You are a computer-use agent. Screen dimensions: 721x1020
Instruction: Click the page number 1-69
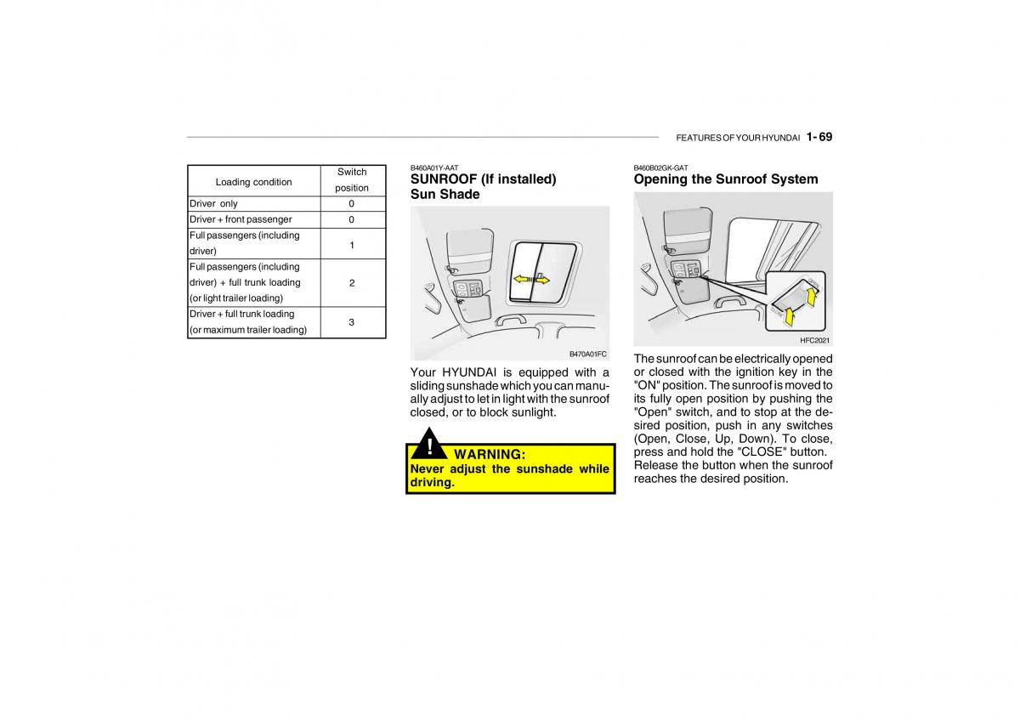[819, 137]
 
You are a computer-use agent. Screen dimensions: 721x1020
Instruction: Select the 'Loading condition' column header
[253, 182]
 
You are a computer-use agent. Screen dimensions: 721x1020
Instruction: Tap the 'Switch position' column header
[352, 179]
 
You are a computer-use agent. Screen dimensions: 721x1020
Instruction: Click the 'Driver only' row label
[213, 204]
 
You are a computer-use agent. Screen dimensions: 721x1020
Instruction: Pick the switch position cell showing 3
[352, 322]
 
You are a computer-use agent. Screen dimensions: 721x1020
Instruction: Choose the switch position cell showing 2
[352, 283]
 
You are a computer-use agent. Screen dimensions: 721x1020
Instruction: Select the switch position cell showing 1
[352, 244]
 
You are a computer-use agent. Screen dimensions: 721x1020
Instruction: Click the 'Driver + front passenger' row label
[241, 219]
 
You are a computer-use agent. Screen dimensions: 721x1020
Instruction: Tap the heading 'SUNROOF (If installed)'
[483, 179]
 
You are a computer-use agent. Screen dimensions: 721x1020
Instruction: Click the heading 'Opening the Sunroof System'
[726, 179]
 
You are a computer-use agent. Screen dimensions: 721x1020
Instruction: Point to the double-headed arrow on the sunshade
[531, 278]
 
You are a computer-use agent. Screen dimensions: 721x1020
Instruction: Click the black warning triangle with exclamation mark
[430, 448]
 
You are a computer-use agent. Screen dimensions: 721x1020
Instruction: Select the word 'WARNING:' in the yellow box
[490, 455]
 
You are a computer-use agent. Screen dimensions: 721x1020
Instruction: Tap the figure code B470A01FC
[587, 354]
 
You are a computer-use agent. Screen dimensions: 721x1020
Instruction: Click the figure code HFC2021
[815, 340]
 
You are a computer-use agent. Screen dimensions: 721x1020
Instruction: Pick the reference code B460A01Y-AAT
[434, 168]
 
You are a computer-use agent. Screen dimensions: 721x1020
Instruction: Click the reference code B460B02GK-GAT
[660, 168]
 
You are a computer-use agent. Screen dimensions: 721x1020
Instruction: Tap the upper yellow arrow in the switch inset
[812, 297]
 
